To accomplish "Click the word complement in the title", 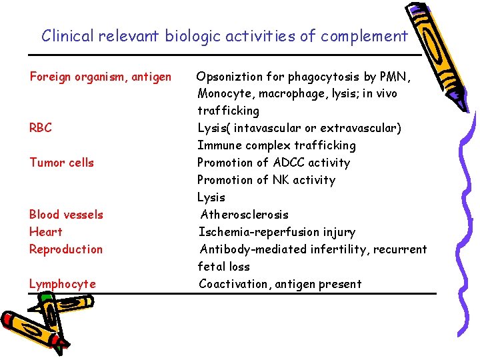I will point(364,36).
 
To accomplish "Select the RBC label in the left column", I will point(40,128).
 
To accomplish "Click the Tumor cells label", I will point(61,163).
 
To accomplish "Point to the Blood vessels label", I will point(66,215).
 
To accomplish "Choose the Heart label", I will point(45,232).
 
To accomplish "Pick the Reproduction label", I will point(65,249).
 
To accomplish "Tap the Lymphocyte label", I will point(62,284).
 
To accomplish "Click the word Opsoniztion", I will point(231,77).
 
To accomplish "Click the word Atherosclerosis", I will point(245,215).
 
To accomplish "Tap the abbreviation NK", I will point(281,180).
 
